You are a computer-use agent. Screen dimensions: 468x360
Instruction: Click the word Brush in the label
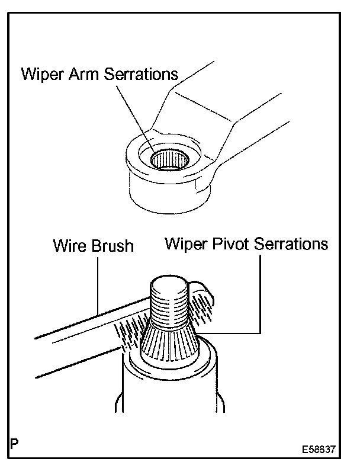click(x=112, y=245)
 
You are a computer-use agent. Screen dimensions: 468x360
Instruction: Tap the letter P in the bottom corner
click(x=15, y=444)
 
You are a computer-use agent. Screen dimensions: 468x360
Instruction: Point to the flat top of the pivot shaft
click(x=170, y=288)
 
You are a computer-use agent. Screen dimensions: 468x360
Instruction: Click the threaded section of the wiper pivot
click(x=170, y=311)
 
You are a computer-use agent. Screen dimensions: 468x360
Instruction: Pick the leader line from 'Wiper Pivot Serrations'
click(x=259, y=296)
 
